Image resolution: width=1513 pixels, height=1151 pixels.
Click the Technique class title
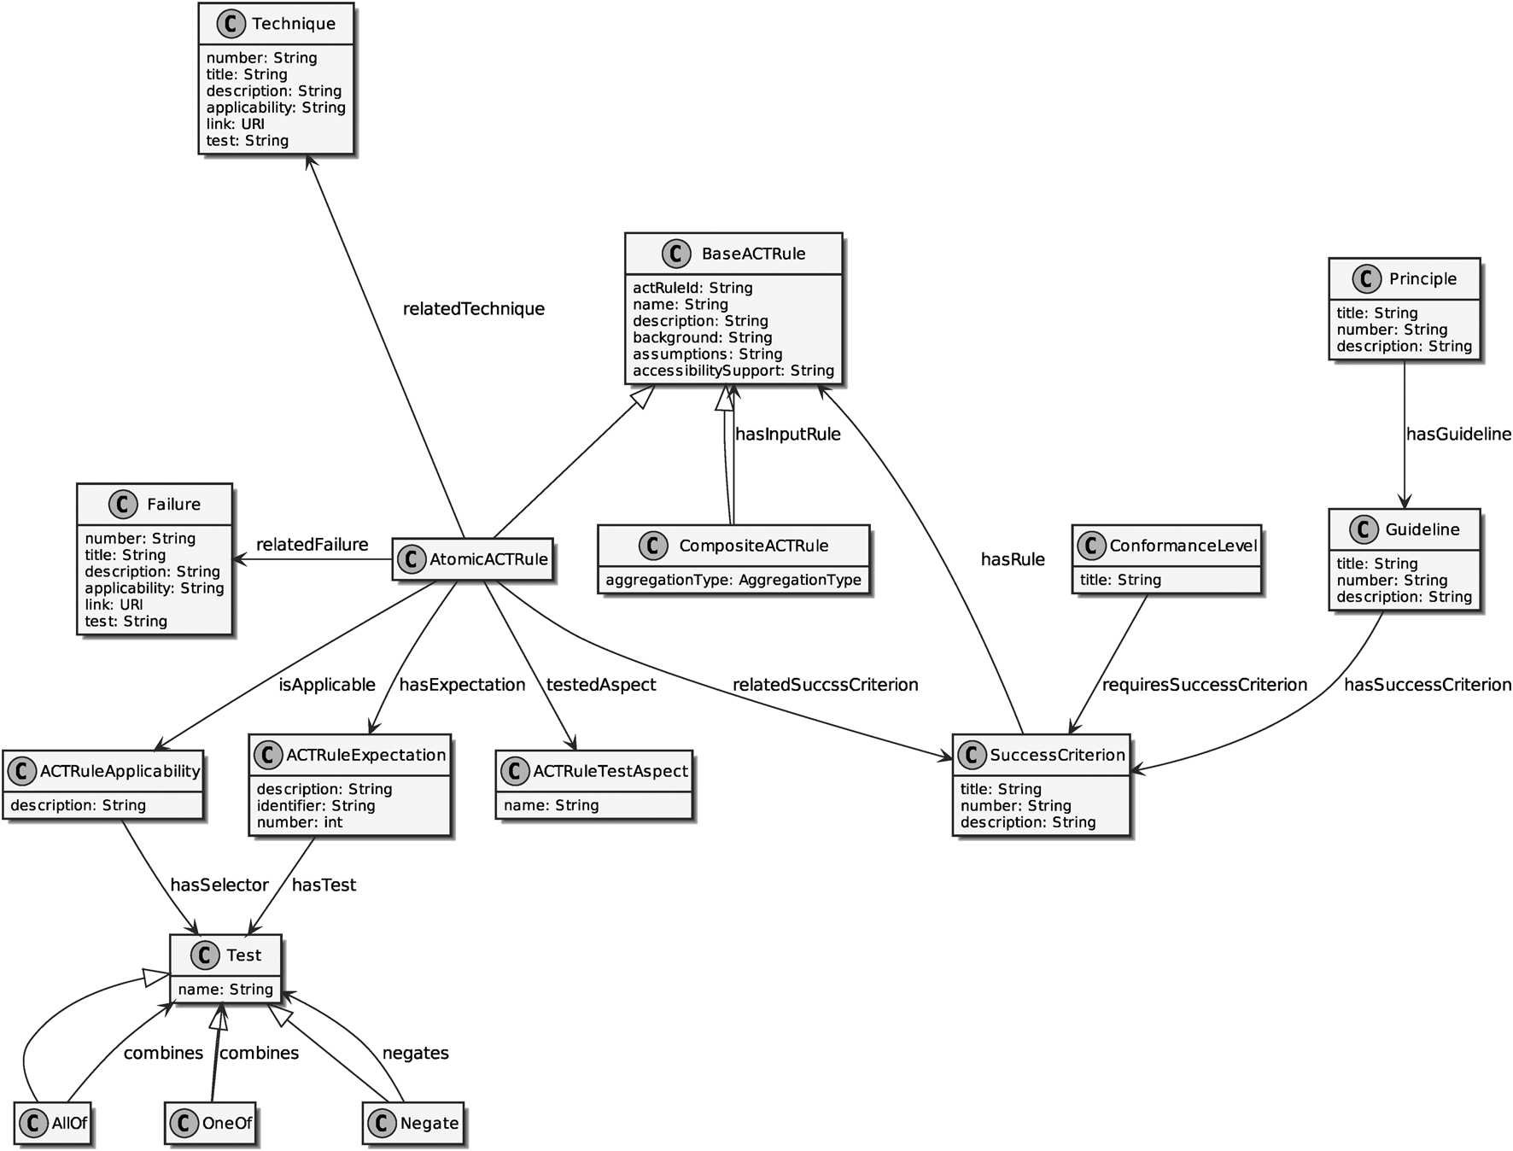point(293,24)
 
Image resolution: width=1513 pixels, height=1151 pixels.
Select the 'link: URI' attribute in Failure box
point(114,605)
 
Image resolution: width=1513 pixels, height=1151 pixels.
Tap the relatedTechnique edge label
point(473,309)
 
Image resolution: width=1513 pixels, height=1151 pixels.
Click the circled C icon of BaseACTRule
point(676,254)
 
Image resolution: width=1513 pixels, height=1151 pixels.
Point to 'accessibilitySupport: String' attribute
point(733,371)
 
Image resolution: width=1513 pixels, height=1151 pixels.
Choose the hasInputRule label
point(787,435)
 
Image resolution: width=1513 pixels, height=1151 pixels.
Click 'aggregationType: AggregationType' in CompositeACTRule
point(733,580)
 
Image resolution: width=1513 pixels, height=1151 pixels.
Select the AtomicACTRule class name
point(488,559)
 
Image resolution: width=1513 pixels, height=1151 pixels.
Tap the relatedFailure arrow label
point(312,545)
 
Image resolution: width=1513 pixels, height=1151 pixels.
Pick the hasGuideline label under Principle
point(1458,435)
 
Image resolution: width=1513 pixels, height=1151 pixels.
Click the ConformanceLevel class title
point(1183,546)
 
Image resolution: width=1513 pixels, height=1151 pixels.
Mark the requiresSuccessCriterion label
point(1204,685)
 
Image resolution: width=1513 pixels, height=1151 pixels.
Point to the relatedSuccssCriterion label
point(825,685)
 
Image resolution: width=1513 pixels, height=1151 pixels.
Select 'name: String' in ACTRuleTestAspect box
point(551,805)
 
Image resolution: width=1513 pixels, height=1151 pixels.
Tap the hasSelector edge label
point(219,885)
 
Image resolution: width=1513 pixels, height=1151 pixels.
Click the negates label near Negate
point(415,1054)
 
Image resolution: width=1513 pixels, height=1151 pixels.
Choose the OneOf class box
point(210,1123)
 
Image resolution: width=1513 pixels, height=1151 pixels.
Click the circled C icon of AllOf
point(33,1123)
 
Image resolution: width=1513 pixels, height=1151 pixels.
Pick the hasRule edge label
point(1013,560)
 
